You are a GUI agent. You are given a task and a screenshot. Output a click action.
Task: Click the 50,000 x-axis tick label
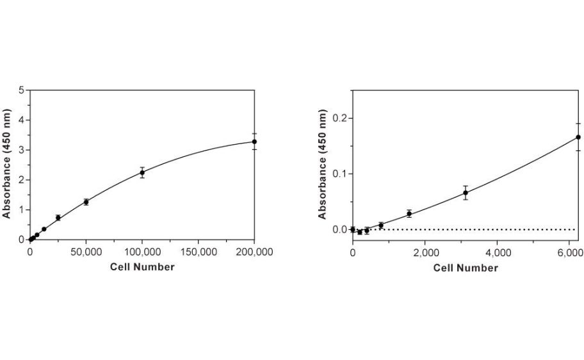[x=86, y=252]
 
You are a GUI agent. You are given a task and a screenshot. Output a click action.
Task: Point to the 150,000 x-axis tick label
[x=199, y=252]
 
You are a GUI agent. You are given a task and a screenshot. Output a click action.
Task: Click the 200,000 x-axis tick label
[x=255, y=252]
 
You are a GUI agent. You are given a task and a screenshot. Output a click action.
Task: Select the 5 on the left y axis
[x=21, y=90]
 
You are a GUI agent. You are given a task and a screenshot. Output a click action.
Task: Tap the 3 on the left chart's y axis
[x=21, y=150]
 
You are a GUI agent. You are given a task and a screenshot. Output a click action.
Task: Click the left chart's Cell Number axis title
[x=142, y=266]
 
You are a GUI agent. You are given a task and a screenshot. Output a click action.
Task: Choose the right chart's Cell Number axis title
[x=466, y=268]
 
